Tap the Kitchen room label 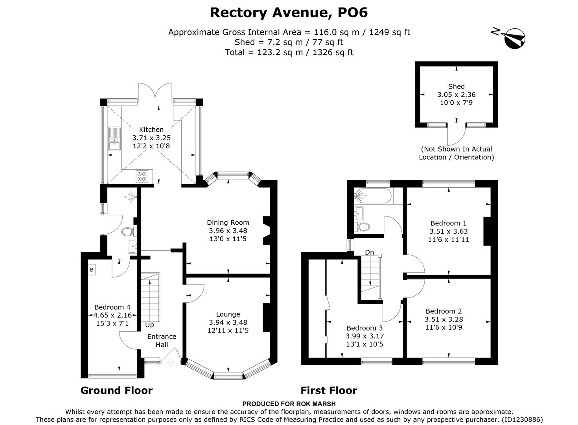[x=151, y=129]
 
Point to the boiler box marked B [x=92, y=270]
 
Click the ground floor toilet [x=129, y=231]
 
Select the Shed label [x=456, y=87]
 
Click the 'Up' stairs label [x=149, y=325]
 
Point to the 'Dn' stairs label [x=369, y=252]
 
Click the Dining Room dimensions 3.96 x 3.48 [x=228, y=231]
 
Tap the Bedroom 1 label [x=449, y=223]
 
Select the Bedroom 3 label [x=364, y=328]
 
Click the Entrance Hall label [x=162, y=340]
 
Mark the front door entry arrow [x=171, y=362]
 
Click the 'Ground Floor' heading [x=116, y=390]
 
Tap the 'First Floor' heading [x=329, y=390]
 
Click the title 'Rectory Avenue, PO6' [x=289, y=13]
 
